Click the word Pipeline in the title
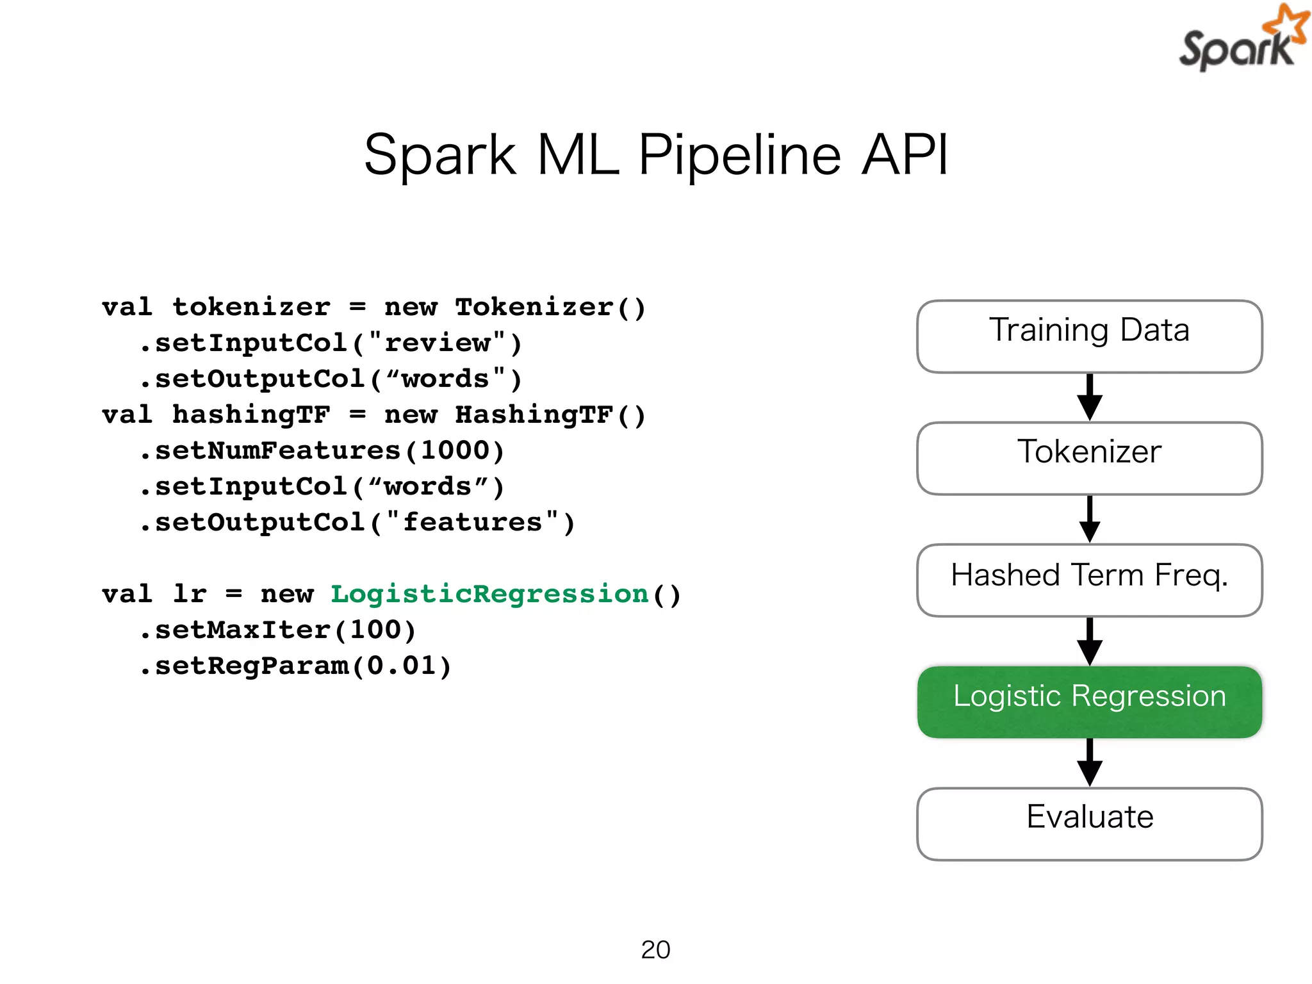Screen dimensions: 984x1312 (739, 155)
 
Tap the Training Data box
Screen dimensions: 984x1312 (1089, 336)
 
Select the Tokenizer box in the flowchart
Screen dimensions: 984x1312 (1089, 457)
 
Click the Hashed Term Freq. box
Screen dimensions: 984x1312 (1089, 580)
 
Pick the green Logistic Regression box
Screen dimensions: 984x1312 (1089, 701)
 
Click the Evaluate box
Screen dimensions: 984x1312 (1089, 823)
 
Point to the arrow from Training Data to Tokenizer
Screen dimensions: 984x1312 (1089, 397)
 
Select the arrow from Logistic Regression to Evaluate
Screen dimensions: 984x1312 (1089, 762)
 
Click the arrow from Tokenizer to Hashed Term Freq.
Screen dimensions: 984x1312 (1089, 519)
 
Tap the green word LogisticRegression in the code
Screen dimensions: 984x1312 (489, 594)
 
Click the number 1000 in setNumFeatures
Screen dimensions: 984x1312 (455, 451)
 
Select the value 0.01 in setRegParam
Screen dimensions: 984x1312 (402, 666)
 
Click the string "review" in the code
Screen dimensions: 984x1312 (438, 343)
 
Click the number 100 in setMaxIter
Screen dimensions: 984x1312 (375, 630)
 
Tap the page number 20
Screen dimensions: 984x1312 (655, 949)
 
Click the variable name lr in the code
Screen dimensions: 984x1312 (190, 594)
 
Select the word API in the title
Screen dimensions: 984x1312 (905, 155)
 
